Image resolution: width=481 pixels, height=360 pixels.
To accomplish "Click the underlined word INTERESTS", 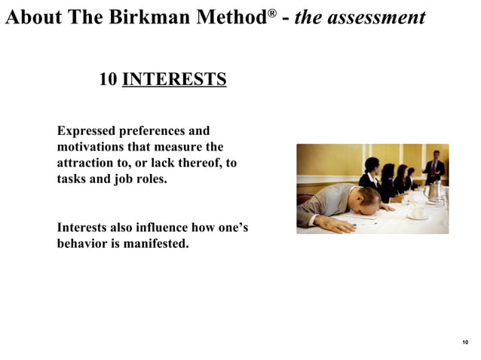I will [x=173, y=79].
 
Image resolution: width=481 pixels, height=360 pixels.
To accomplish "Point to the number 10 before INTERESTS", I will [x=108, y=79].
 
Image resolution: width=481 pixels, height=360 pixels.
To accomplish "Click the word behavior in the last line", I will [x=82, y=244].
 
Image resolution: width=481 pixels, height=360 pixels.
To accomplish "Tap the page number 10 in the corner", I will [x=465, y=343].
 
